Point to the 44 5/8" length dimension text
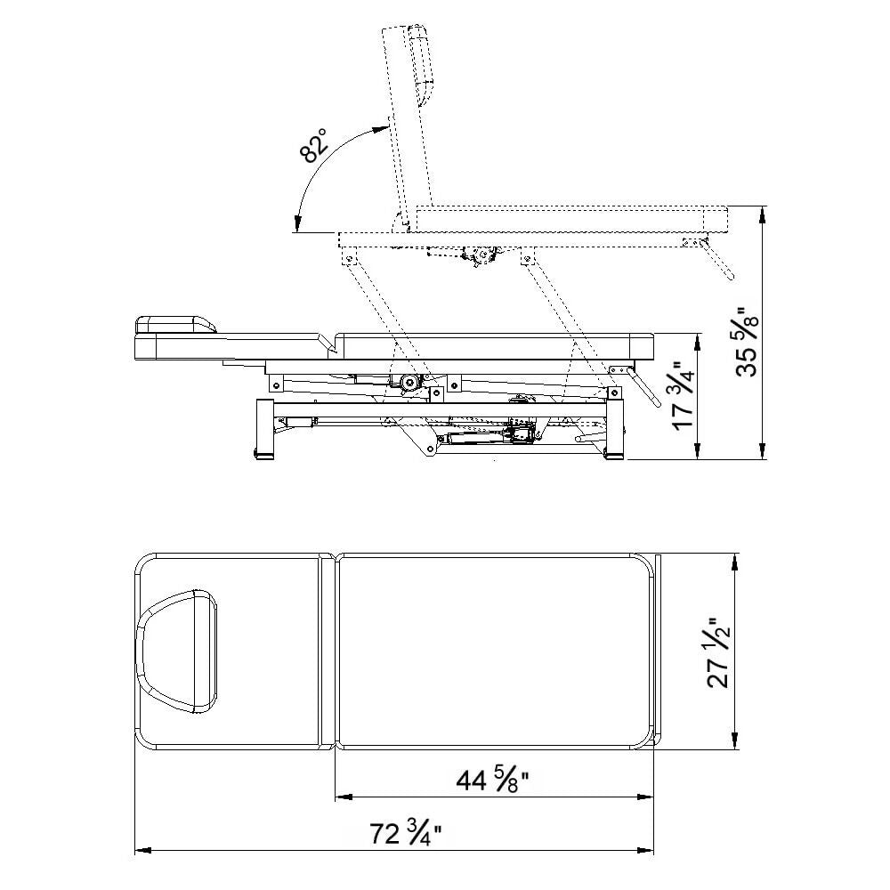[x=493, y=781]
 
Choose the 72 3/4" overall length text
[x=406, y=834]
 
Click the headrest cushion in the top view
[x=177, y=651]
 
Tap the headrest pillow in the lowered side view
[x=175, y=325]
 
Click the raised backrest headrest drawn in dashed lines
[x=421, y=65]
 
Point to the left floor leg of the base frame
[x=265, y=429]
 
